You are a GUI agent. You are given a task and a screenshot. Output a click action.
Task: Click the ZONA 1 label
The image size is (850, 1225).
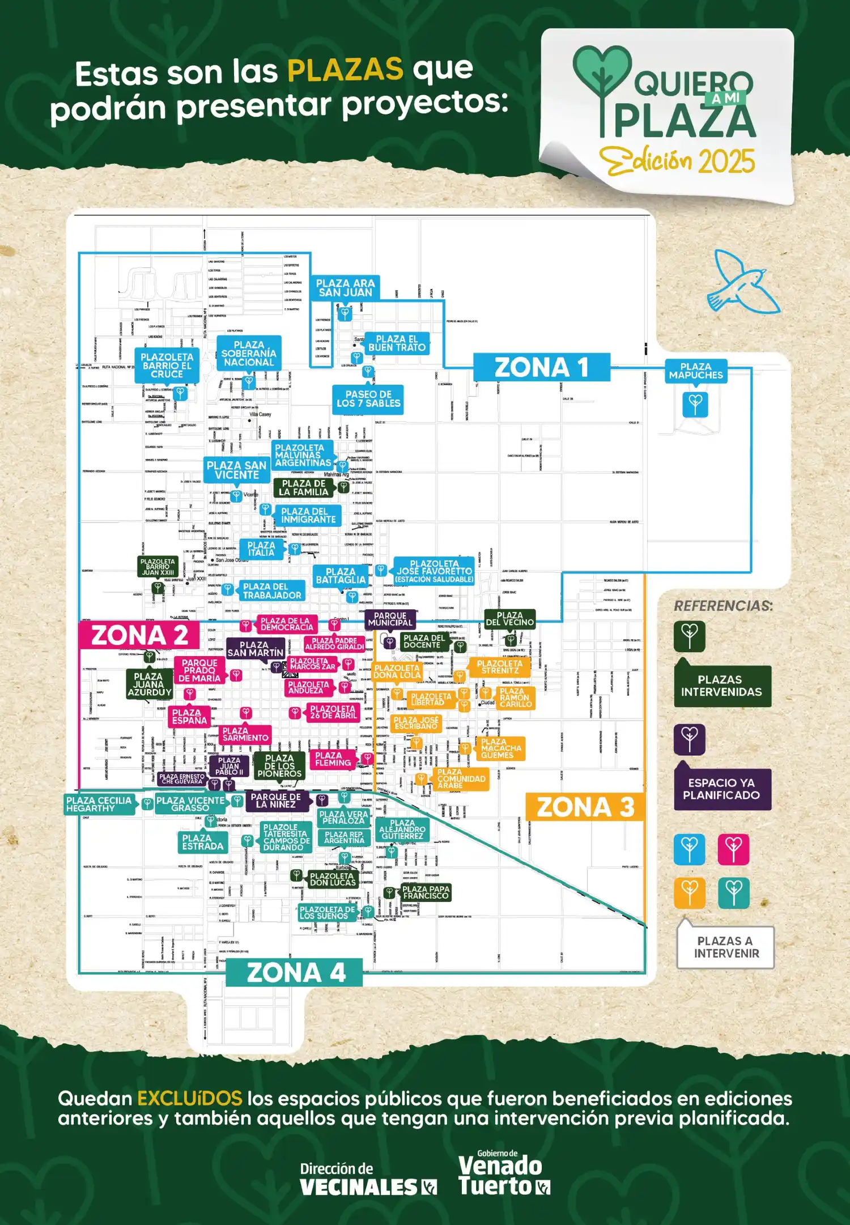tap(541, 367)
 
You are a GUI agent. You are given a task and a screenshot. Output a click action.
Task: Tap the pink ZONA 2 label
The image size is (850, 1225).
tap(139, 635)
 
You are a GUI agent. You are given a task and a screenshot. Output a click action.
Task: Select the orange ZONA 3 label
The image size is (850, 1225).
tap(585, 807)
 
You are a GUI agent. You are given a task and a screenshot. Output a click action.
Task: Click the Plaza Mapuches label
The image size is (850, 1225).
tap(695, 371)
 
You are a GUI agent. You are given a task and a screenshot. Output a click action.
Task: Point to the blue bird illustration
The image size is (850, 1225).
tap(742, 283)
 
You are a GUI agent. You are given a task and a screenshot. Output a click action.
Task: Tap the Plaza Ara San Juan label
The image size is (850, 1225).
tap(345, 288)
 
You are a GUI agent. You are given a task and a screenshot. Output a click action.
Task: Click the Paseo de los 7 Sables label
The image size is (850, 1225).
tap(368, 399)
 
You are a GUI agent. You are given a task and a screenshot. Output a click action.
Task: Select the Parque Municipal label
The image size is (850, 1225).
tap(390, 619)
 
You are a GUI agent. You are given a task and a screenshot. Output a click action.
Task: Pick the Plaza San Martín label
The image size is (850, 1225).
tap(255, 649)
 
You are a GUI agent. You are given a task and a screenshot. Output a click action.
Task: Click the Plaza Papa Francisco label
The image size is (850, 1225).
tap(426, 892)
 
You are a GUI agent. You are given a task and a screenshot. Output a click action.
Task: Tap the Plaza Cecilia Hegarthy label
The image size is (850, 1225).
tap(99, 804)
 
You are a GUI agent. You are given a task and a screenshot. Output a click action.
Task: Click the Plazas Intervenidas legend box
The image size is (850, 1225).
tap(722, 686)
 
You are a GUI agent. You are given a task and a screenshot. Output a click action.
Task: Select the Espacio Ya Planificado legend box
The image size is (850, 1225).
tap(722, 789)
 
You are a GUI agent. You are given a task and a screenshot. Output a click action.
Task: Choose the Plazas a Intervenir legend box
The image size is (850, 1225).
tap(725, 947)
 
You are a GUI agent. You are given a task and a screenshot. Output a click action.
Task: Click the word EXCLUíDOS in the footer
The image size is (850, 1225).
tap(190, 1099)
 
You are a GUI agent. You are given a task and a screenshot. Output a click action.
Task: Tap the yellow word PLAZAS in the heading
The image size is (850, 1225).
tap(345, 70)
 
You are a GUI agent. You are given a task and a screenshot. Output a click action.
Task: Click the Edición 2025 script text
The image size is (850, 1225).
tap(678, 161)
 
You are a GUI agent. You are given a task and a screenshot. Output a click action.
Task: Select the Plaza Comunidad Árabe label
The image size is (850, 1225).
tap(461, 779)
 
